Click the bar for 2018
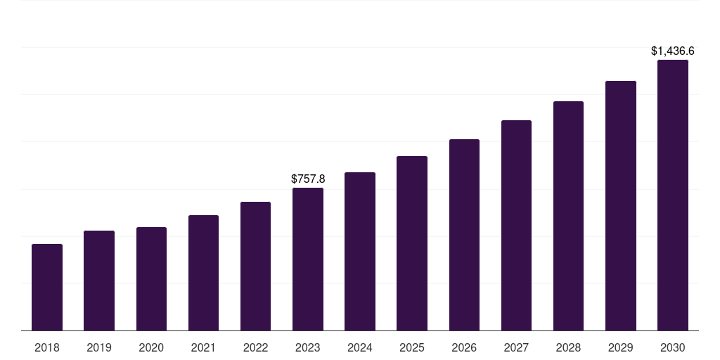coord(47,288)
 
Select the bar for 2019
coord(99,281)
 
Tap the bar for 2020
coord(151,279)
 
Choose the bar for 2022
coord(255,266)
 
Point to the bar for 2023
coord(308,259)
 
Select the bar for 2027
coord(516,226)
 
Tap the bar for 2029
coord(620,206)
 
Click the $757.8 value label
coord(308,179)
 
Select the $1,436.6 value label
coord(673,51)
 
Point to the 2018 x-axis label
coord(47,347)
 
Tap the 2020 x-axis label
coord(151,347)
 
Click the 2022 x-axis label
coord(255,347)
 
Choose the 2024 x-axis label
coord(360,347)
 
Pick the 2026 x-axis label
coord(464,347)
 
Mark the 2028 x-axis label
coord(568,347)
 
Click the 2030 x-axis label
coord(673,347)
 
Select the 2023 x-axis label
coord(308,347)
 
